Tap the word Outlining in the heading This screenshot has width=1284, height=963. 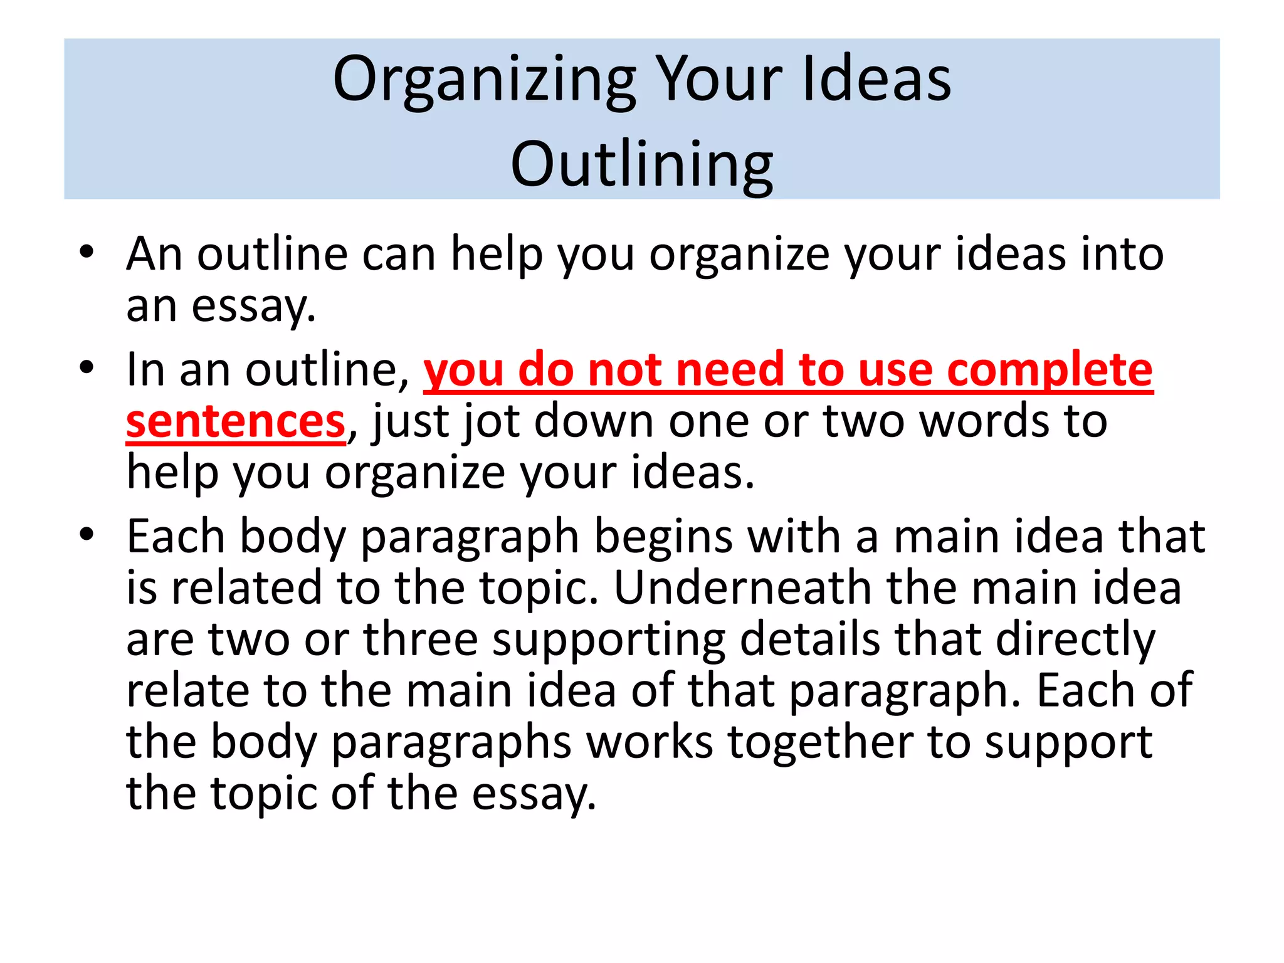pos(641,165)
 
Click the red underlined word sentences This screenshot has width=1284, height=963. pos(236,421)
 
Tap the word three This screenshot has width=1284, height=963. pos(421,639)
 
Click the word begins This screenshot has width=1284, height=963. pos(663,538)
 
